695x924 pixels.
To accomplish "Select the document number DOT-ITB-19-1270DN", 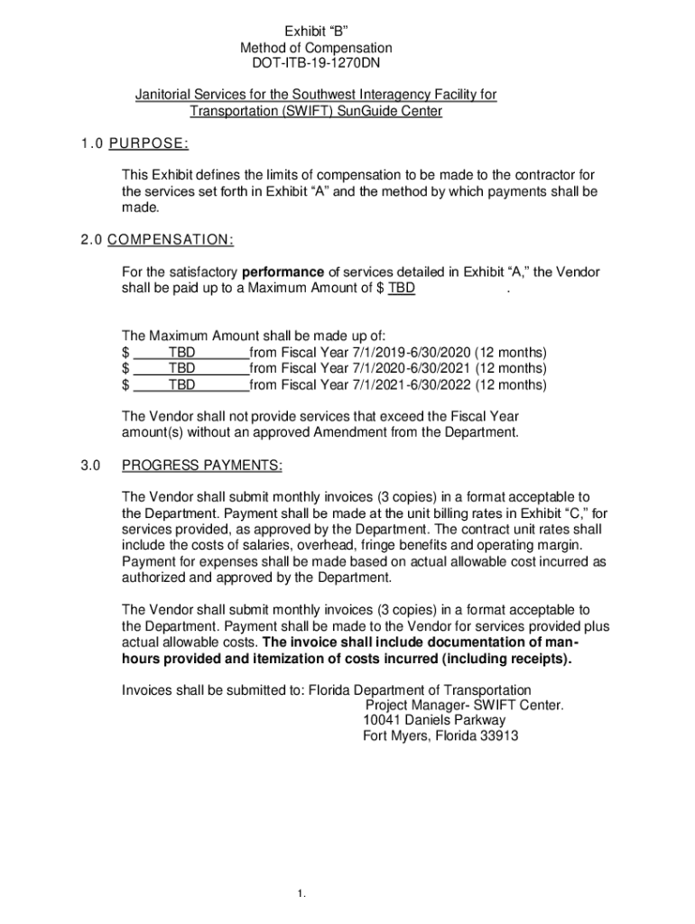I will [x=316, y=64].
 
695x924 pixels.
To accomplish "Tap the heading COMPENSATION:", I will [x=171, y=239].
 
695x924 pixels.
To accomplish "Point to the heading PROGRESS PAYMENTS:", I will [x=202, y=466].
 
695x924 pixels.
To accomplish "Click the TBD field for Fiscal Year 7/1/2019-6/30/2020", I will [x=181, y=352].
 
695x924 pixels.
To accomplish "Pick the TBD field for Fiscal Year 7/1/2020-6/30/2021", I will [x=181, y=368].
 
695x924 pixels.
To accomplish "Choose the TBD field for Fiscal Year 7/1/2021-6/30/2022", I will [x=181, y=384].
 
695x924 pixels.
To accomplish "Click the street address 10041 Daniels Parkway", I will [x=434, y=720].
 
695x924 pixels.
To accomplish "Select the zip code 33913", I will [x=499, y=736].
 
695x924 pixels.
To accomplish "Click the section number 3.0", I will [x=88, y=466].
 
